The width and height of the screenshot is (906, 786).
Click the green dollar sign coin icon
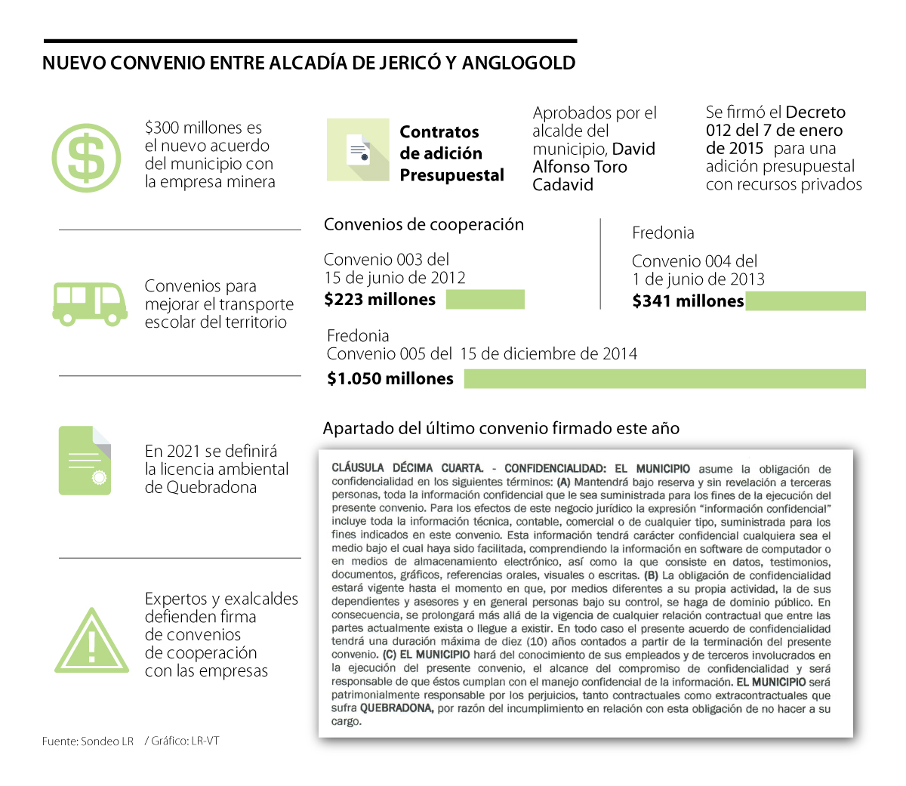pyautogui.click(x=86, y=159)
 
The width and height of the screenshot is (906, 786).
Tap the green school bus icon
pyautogui.click(x=90, y=304)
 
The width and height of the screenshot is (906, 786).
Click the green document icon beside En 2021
pyautogui.click(x=85, y=461)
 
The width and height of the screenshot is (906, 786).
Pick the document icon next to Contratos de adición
pyautogui.click(x=358, y=149)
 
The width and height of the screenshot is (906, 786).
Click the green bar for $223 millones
pyautogui.click(x=485, y=300)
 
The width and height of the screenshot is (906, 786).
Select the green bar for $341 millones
pyautogui.click(x=805, y=301)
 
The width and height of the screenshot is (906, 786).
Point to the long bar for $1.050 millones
pyautogui.click(x=664, y=379)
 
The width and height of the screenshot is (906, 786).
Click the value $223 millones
pyautogui.click(x=380, y=300)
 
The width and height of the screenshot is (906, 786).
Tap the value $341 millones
pyautogui.click(x=688, y=301)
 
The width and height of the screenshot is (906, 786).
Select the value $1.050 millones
pyautogui.click(x=390, y=379)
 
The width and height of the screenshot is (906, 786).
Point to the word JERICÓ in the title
pyautogui.click(x=411, y=63)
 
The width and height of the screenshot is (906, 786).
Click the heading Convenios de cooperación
pyautogui.click(x=424, y=225)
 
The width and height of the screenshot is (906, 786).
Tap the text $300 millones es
pyautogui.click(x=204, y=128)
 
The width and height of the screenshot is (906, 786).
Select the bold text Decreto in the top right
pyautogui.click(x=815, y=113)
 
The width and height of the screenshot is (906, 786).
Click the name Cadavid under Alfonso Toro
pyautogui.click(x=562, y=185)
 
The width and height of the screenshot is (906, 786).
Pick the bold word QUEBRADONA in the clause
pyautogui.click(x=396, y=708)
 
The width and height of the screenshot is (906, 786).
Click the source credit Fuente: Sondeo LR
pyautogui.click(x=88, y=741)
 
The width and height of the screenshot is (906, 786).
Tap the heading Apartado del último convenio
pyautogui.click(x=501, y=429)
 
